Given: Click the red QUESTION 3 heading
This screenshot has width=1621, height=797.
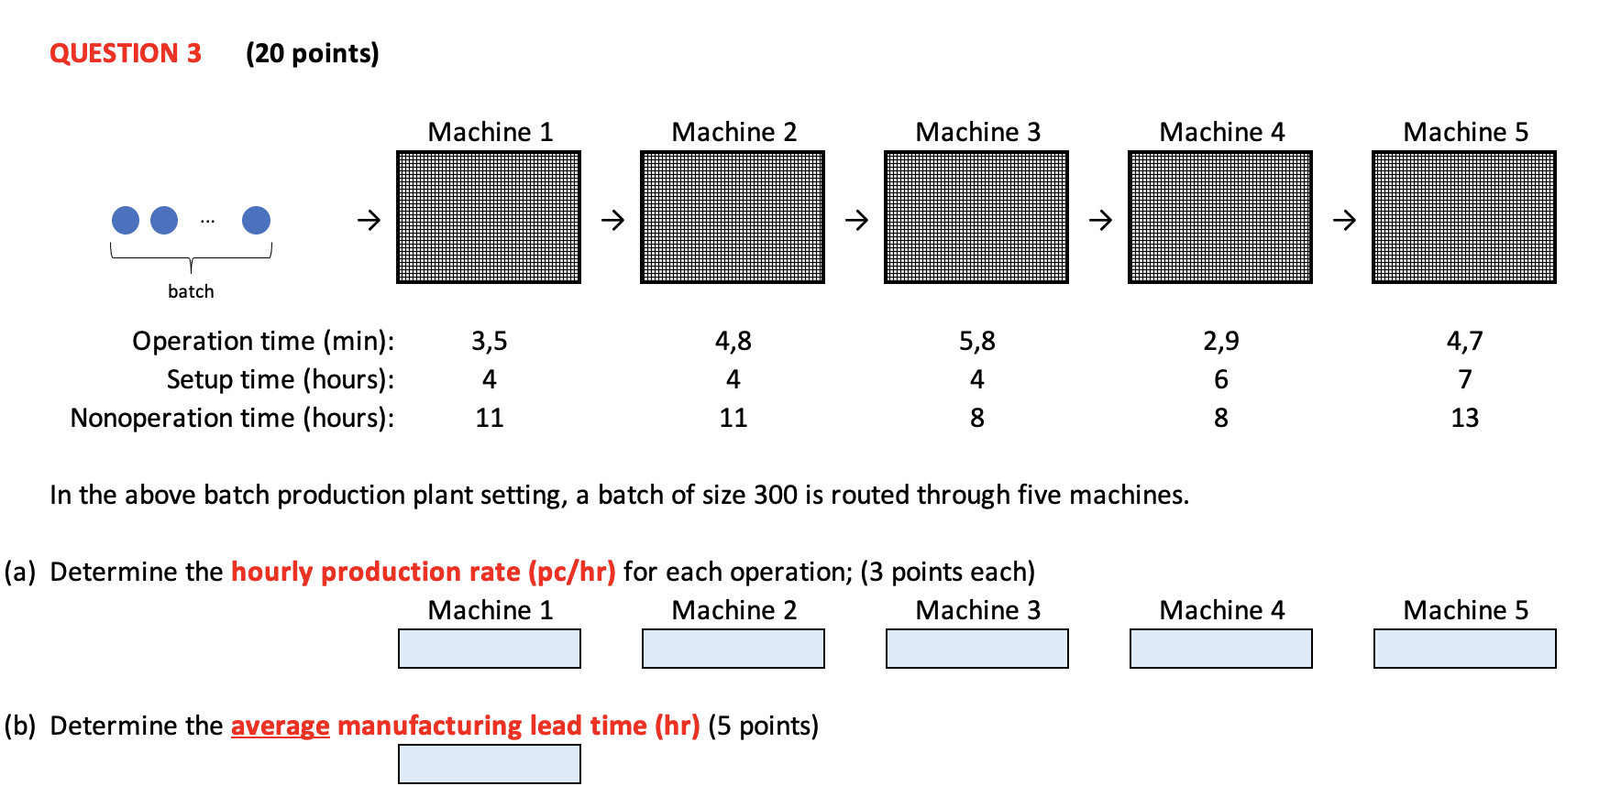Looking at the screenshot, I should point(126,53).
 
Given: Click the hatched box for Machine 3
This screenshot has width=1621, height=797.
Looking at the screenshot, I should point(976,217).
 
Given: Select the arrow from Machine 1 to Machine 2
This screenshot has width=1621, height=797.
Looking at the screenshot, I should point(612,220).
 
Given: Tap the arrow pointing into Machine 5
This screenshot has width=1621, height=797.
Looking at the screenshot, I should point(1344,220).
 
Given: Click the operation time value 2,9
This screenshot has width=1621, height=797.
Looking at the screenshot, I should point(1220,341).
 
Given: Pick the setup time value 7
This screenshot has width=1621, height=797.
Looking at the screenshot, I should point(1464,379).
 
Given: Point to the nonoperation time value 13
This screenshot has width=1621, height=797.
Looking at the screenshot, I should point(1464,418).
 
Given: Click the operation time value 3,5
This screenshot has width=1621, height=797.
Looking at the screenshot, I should point(489,341).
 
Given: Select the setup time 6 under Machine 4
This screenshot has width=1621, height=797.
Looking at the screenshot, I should point(1220,379).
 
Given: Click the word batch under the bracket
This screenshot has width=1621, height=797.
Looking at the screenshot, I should point(191,291).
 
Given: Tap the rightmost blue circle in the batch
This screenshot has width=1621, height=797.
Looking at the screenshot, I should point(256,220).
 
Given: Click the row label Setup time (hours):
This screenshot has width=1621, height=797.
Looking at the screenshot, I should point(280,379).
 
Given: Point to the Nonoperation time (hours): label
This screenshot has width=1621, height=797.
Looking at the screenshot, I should point(232,418).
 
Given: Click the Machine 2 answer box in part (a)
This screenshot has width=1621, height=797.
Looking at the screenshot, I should point(733,649).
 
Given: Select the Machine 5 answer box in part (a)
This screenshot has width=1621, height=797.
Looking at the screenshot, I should point(1464,649).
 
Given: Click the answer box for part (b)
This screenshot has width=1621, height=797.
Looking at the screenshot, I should point(489,764).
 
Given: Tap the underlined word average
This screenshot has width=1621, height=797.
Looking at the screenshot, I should point(280,726).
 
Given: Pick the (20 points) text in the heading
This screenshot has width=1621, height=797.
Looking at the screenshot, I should point(312,53).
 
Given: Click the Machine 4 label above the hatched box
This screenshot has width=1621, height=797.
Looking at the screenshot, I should point(1221,132).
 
